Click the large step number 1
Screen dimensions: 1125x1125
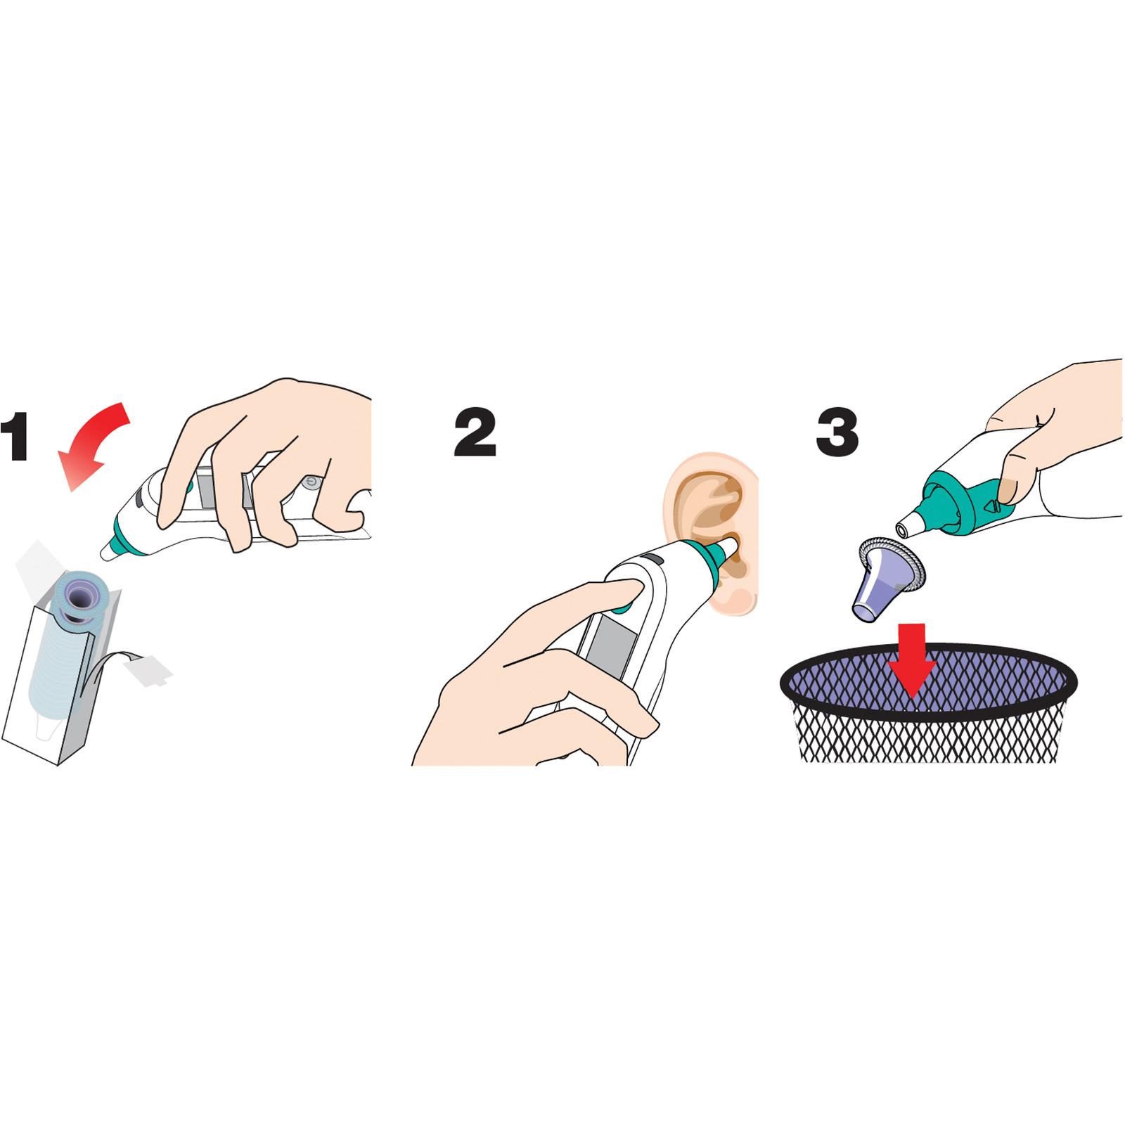click(15, 437)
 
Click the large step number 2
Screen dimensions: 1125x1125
click(475, 432)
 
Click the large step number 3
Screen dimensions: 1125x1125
click(837, 432)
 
